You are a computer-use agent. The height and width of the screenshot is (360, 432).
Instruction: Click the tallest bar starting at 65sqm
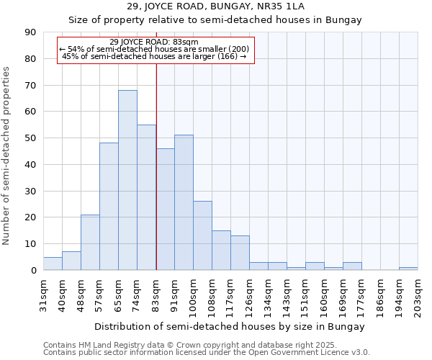point(127,180)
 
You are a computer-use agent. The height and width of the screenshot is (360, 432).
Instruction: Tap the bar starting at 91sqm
point(184,202)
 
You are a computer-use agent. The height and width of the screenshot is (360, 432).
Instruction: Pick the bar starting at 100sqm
point(202,235)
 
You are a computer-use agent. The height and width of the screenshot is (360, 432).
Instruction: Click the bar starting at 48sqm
point(90,243)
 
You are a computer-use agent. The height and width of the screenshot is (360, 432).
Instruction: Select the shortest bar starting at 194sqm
point(408,269)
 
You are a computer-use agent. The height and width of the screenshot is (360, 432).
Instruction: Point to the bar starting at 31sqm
point(53,264)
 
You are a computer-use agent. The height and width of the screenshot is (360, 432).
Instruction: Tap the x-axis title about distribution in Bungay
point(229,326)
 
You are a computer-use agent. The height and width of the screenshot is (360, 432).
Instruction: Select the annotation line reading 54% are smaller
point(155,49)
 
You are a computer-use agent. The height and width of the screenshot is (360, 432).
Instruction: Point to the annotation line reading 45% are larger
point(155,56)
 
